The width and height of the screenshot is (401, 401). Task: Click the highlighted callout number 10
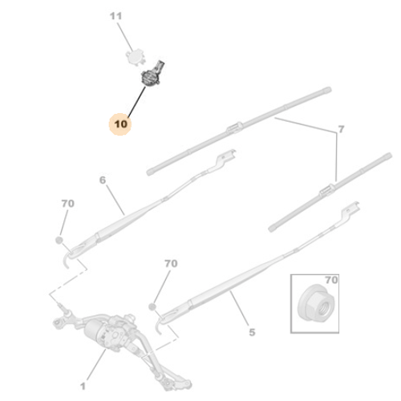click(x=120, y=124)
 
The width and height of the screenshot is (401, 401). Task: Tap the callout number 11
click(x=115, y=16)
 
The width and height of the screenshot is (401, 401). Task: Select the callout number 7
click(x=341, y=129)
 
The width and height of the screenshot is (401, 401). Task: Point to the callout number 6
click(x=103, y=180)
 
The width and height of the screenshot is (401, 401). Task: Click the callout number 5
click(x=252, y=332)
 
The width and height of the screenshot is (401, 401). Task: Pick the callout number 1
click(x=83, y=386)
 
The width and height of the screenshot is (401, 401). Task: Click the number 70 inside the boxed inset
click(x=331, y=280)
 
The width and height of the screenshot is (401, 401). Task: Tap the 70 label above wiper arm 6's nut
click(x=68, y=204)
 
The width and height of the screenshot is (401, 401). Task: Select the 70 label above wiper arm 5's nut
click(x=171, y=264)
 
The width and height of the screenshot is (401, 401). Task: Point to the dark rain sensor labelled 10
click(x=151, y=75)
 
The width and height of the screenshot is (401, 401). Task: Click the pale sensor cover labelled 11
click(x=136, y=57)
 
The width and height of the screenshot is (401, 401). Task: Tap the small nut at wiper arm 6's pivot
click(x=59, y=240)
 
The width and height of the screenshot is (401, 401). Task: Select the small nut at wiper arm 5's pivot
click(x=152, y=306)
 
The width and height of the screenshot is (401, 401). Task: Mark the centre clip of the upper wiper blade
click(x=235, y=128)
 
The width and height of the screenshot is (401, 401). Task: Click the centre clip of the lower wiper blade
click(x=327, y=189)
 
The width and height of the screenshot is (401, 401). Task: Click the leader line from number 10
click(x=137, y=102)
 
